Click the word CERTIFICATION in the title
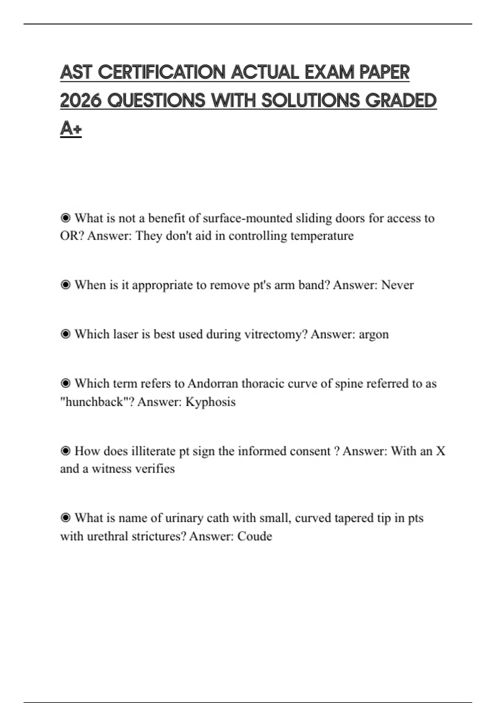[x=162, y=72]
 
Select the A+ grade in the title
[x=71, y=128]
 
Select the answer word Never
[x=397, y=285]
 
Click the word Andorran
[x=213, y=383]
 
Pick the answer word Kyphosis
[x=210, y=402]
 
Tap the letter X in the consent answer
[x=441, y=451]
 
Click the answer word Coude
[x=255, y=536]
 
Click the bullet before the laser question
[x=65, y=334]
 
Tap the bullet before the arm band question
[x=65, y=285]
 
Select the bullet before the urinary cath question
[x=65, y=518]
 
